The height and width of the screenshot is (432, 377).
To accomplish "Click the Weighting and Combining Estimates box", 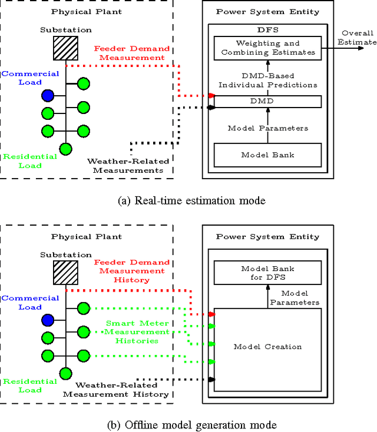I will pyautogui.click(x=267, y=48).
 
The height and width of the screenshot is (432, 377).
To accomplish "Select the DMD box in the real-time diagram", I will pyautogui.click(x=267, y=102).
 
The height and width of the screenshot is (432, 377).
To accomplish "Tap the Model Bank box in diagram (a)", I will pyautogui.click(x=267, y=155).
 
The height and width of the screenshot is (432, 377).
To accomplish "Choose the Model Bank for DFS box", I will pyautogui.click(x=267, y=273).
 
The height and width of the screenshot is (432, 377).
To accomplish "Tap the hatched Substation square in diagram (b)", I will pyautogui.click(x=66, y=272).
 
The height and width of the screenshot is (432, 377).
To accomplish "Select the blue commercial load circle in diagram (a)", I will pyautogui.click(x=48, y=95).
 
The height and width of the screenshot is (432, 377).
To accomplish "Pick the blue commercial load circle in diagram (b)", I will pyautogui.click(x=48, y=320).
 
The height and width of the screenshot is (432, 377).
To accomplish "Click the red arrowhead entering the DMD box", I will pyautogui.click(x=211, y=95).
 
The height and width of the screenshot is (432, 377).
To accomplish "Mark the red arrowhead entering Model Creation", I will pyautogui.click(x=211, y=315).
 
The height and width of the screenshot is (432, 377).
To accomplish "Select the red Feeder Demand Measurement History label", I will pyautogui.click(x=132, y=271).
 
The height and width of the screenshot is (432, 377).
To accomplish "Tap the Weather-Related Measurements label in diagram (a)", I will pyautogui.click(x=128, y=166).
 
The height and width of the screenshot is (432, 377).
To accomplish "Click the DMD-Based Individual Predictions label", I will pyautogui.click(x=267, y=81).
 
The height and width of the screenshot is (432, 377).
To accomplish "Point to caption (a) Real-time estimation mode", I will pyautogui.click(x=191, y=201).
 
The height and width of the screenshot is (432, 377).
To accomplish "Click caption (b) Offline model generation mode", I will pyautogui.click(x=188, y=424).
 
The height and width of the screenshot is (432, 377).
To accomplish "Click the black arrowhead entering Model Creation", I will pyautogui.click(x=211, y=379).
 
